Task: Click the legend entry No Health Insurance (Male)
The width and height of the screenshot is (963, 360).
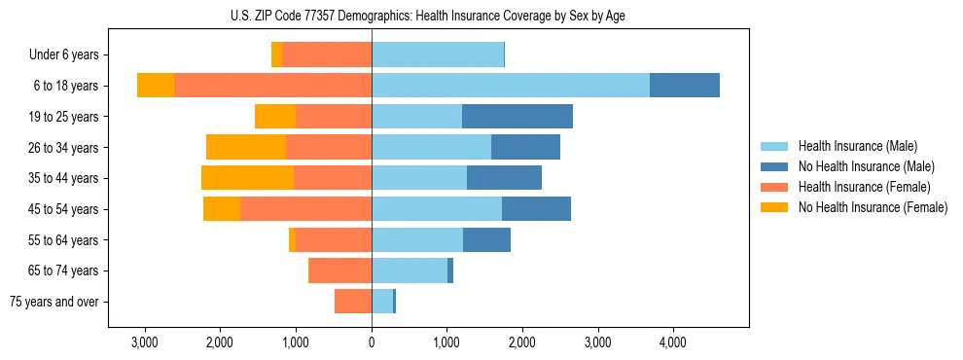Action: click(x=866, y=166)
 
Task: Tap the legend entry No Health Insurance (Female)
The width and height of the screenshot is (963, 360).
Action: click(x=873, y=207)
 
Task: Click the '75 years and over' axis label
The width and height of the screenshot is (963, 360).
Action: click(x=53, y=302)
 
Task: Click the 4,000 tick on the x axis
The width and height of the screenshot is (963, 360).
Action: click(x=673, y=342)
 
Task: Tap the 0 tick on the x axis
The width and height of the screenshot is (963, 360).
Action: click(x=372, y=342)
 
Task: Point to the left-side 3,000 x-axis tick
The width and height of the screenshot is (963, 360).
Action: click(x=144, y=342)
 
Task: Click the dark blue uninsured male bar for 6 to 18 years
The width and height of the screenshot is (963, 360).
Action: click(x=685, y=86)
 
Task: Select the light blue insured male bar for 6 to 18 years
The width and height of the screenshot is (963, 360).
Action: click(x=511, y=86)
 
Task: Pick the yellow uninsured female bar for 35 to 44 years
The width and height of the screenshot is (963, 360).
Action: click(x=247, y=178)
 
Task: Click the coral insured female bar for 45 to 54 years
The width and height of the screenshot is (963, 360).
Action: click(x=305, y=209)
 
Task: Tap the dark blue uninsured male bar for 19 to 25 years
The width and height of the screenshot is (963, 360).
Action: click(x=517, y=117)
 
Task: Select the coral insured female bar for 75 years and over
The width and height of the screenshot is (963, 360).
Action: click(x=353, y=302)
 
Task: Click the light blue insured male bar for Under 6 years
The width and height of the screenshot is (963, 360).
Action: click(x=438, y=55)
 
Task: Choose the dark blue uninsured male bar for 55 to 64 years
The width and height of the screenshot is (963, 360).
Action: click(x=486, y=240)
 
